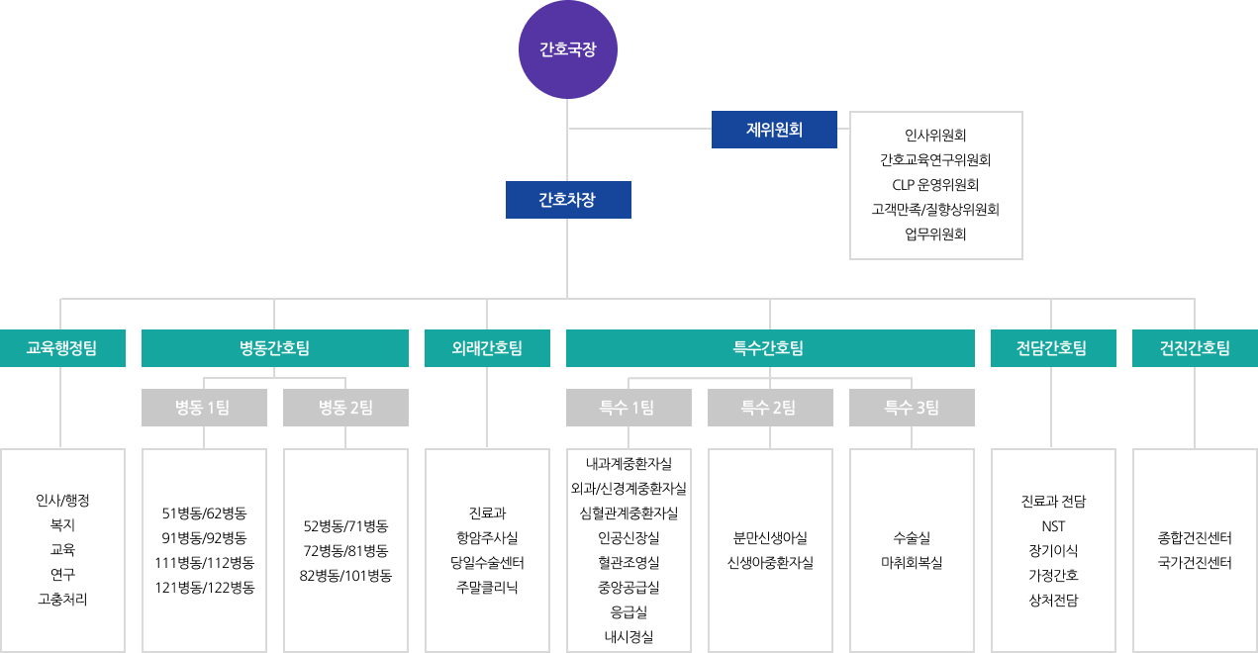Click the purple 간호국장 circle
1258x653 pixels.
[x=567, y=49]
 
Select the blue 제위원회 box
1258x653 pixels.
[x=774, y=129]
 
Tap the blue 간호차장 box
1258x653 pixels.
[x=567, y=199]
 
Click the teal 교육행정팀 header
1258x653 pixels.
[x=62, y=348]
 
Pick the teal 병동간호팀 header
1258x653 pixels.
[x=274, y=348]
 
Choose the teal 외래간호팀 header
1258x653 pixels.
[x=487, y=348]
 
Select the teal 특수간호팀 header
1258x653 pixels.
[x=769, y=348]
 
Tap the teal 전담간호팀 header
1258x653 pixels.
[x=1052, y=348]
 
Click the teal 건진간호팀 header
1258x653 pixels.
[x=1195, y=348]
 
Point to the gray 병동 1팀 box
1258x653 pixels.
[x=204, y=408]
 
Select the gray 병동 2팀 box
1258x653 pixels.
[x=345, y=408]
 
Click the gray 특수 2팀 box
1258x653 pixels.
[x=769, y=408]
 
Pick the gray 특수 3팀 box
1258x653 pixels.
[x=911, y=408]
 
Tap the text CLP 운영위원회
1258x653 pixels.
[x=935, y=185]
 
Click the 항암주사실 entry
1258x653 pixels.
[x=487, y=538]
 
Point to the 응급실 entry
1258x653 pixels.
[x=629, y=612]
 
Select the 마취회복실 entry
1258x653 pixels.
[x=912, y=563]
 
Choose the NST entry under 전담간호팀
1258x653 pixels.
[x=1053, y=526]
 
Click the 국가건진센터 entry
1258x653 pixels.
[x=1195, y=563]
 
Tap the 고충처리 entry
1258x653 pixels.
[x=62, y=599]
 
